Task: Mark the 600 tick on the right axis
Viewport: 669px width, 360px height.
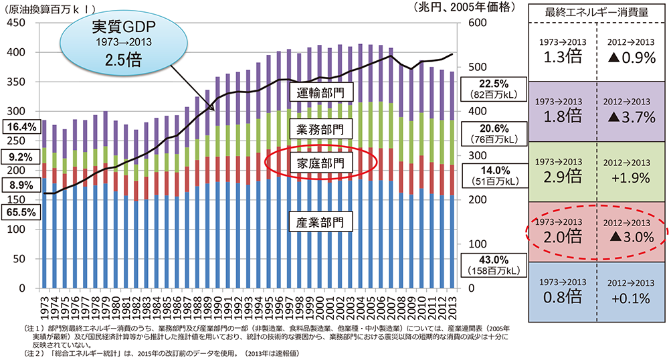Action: (x=472, y=23)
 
